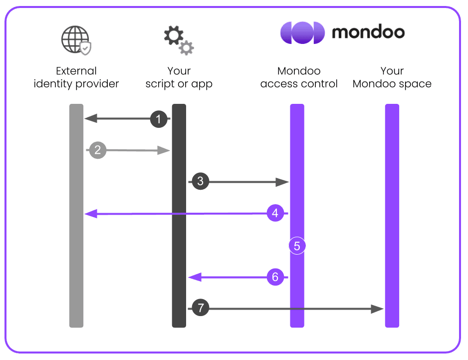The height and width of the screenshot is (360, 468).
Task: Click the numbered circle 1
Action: coord(159,119)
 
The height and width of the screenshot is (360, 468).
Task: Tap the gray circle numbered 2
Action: coord(98,150)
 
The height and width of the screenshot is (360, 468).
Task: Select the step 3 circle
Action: coord(200,182)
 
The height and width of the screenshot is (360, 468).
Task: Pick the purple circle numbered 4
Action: coord(275,214)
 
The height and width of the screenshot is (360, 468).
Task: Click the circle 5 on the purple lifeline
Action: coord(297,246)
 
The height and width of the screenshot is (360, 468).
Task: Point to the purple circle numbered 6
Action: coord(275,277)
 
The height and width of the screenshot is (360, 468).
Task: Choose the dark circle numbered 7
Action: coord(200,309)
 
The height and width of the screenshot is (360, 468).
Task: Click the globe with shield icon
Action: coord(76,40)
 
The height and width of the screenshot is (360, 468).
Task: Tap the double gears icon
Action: coord(179,40)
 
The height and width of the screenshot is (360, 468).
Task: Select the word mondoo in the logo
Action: coord(368,32)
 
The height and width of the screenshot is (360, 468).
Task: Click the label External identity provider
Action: coord(76,77)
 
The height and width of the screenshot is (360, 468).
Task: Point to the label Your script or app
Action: coord(179,77)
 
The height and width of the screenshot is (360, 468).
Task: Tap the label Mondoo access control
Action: coord(299,77)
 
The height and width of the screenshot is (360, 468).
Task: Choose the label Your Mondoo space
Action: coord(392,77)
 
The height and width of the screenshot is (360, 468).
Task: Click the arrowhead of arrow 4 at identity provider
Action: coord(90,214)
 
